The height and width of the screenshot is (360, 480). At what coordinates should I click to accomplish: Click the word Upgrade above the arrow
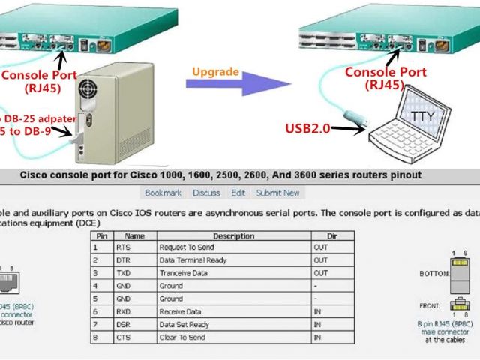(x=215, y=73)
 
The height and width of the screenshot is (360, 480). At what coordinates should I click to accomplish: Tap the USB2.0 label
(x=307, y=129)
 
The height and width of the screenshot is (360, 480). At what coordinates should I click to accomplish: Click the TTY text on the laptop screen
(x=421, y=116)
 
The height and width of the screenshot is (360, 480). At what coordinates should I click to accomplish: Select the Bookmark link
(x=163, y=193)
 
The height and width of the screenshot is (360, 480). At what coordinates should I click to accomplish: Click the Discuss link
(x=206, y=193)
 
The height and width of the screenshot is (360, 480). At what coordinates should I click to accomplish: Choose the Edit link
(x=238, y=193)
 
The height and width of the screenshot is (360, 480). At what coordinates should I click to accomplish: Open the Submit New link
(x=277, y=193)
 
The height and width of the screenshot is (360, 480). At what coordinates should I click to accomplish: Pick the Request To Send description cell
(x=186, y=246)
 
